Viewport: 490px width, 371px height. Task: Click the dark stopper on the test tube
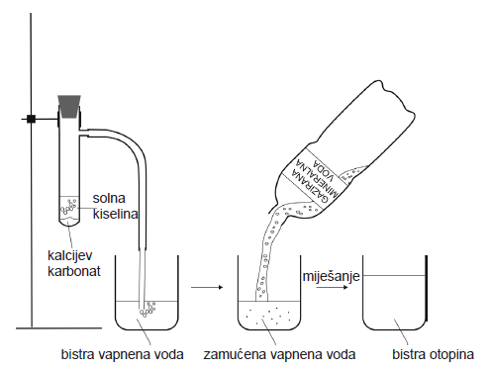[69, 106]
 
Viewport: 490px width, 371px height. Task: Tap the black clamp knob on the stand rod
[31, 119]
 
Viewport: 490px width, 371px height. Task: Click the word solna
[109, 198]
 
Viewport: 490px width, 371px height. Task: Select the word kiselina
[115, 214]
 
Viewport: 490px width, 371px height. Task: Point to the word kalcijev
[70, 256]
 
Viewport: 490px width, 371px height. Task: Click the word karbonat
[74, 271]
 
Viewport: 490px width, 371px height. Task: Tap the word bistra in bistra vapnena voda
[77, 354]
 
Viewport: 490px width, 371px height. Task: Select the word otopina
[451, 354]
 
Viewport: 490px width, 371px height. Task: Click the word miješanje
[331, 276]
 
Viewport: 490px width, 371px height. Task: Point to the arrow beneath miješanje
[332, 287]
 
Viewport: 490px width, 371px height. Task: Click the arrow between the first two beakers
[207, 287]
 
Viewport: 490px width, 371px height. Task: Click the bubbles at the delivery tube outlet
[147, 309]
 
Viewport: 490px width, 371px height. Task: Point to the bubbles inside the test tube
[68, 207]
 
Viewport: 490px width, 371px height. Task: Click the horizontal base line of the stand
[58, 328]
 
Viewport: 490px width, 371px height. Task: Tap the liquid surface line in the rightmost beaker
[394, 276]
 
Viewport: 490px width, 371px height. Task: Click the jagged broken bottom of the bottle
[398, 97]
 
